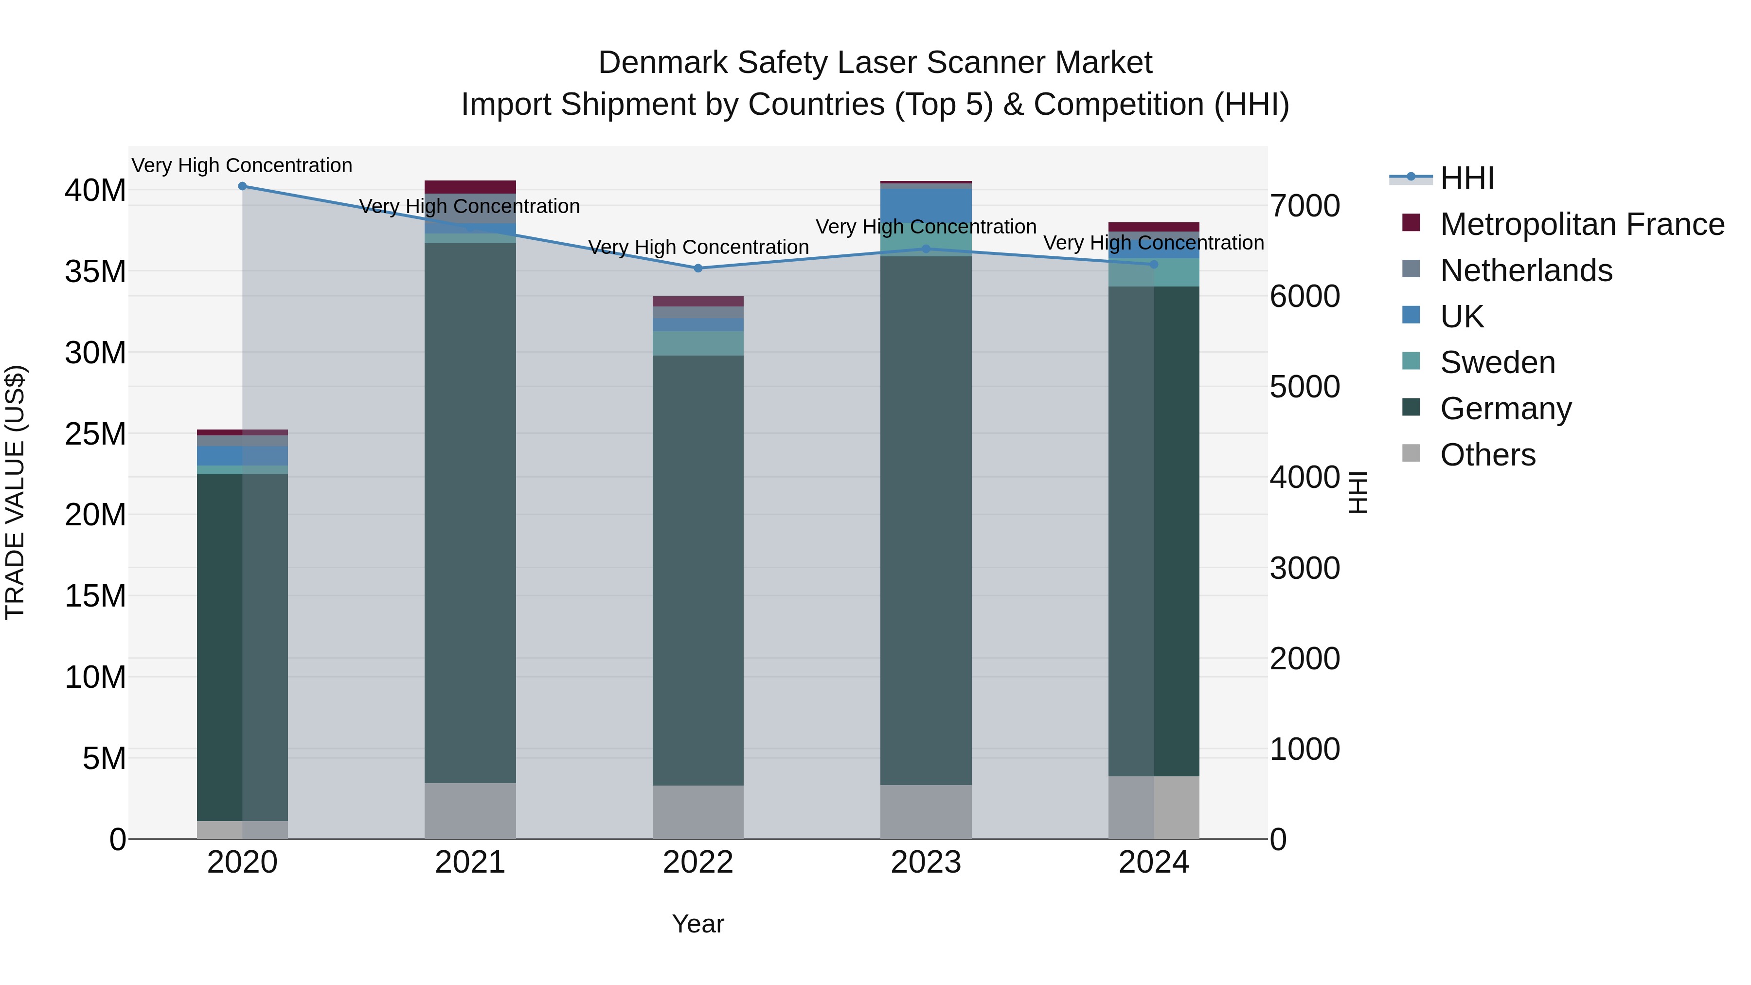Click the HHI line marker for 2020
tap(242, 186)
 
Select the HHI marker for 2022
tap(698, 269)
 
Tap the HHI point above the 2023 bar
tap(926, 249)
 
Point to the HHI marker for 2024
tap(1154, 265)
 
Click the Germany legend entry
tap(1505, 409)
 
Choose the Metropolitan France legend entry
tap(1582, 224)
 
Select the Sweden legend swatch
tap(1411, 361)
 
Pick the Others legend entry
tap(1487, 455)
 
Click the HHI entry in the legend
tap(1467, 178)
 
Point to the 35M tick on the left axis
tap(95, 272)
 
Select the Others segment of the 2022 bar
tap(698, 812)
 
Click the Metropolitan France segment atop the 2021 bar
tap(470, 187)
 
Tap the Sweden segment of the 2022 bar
tap(698, 343)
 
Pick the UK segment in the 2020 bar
tap(242, 455)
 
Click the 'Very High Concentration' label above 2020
tap(242, 166)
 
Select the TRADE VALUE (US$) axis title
tap(15, 492)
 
